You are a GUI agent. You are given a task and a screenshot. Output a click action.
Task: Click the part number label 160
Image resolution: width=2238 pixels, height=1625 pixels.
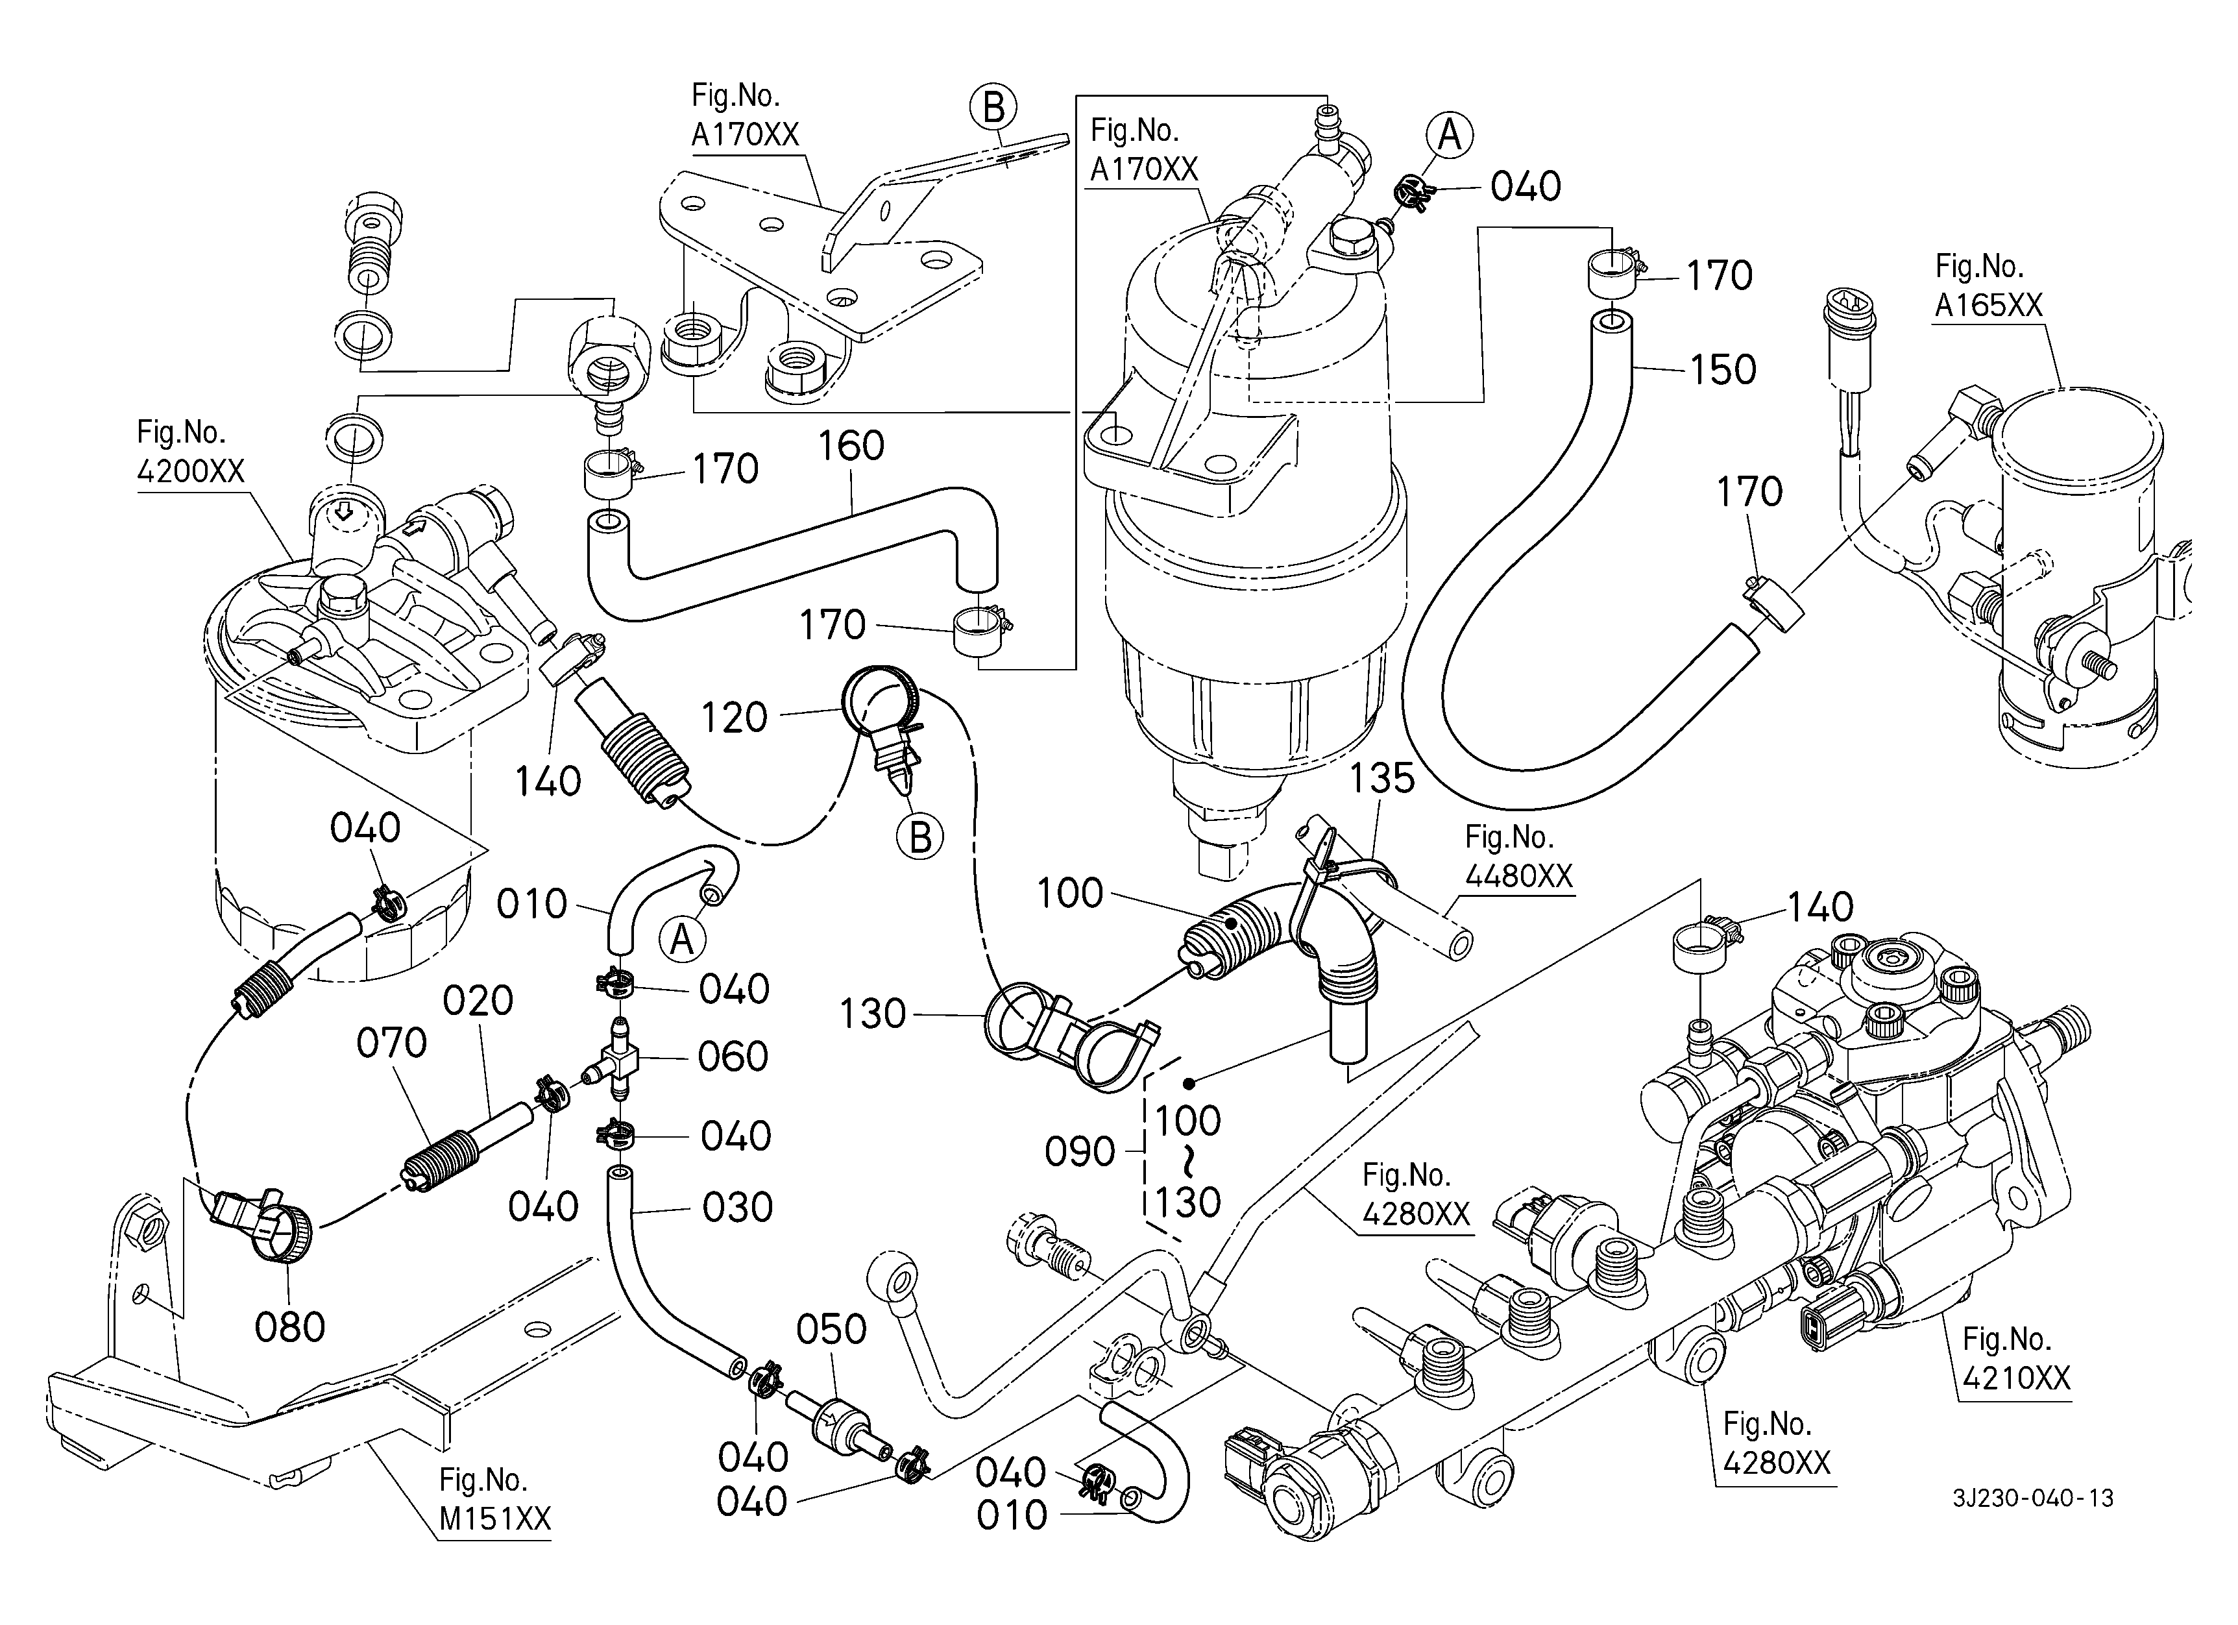pyautogui.click(x=851, y=446)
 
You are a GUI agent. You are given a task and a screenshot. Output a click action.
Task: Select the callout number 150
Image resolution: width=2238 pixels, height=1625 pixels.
pyautogui.click(x=1723, y=370)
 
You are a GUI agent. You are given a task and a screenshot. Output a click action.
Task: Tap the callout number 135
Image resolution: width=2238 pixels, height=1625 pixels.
pyautogui.click(x=1381, y=779)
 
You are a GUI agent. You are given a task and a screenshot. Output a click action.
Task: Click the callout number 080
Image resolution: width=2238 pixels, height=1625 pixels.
pyautogui.click(x=290, y=1328)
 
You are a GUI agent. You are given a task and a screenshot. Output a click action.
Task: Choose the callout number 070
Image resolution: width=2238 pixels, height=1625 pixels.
pyautogui.click(x=392, y=1043)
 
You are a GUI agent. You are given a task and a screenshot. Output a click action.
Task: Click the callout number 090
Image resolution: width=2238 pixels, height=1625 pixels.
pyautogui.click(x=1080, y=1151)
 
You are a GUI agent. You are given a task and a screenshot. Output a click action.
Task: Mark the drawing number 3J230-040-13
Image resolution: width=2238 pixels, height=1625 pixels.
pyautogui.click(x=2033, y=1498)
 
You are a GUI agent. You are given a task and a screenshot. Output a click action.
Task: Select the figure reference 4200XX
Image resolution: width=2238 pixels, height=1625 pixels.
pyautogui.click(x=190, y=472)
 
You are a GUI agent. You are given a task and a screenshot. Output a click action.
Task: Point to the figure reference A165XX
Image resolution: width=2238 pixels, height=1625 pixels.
pyautogui.click(x=1988, y=306)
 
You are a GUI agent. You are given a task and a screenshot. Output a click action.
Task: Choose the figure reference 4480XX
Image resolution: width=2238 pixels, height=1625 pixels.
pyautogui.click(x=1518, y=876)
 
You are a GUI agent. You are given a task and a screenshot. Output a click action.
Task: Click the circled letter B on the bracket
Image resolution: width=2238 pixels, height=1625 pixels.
pyautogui.click(x=993, y=108)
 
